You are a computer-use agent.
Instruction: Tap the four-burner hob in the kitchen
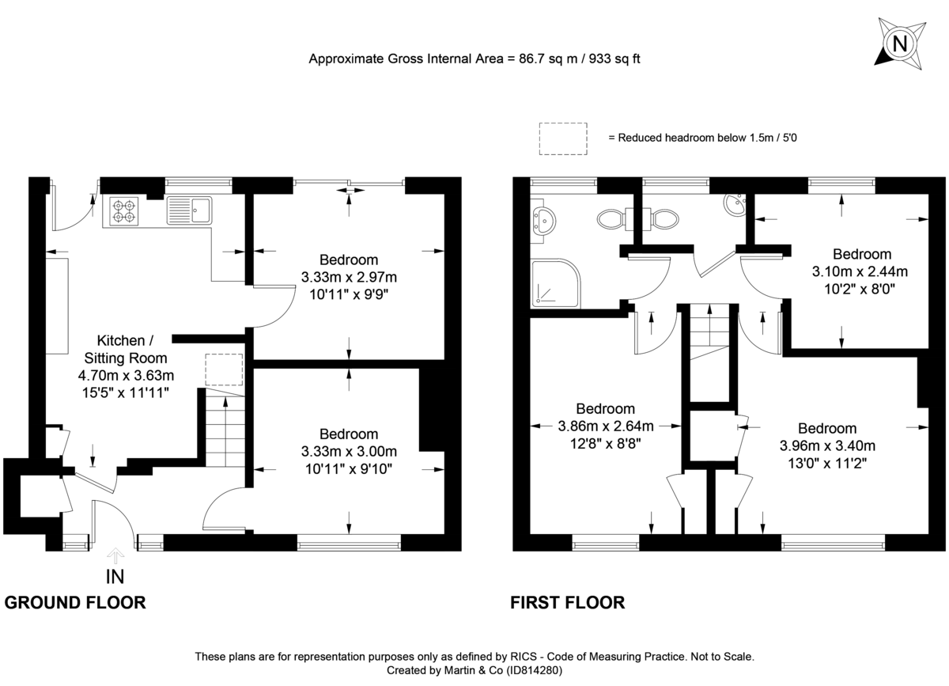[x=124, y=210]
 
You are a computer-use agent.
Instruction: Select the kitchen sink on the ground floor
[x=188, y=210]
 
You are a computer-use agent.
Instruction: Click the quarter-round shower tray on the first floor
[x=554, y=283]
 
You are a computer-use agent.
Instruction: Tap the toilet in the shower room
[x=611, y=218]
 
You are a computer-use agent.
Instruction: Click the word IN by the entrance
[x=115, y=577]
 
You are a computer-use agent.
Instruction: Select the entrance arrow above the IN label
[x=115, y=555]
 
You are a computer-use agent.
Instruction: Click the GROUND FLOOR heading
[x=75, y=603]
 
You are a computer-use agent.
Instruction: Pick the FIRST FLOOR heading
[x=567, y=603]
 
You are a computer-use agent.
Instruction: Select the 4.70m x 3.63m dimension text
[x=125, y=375]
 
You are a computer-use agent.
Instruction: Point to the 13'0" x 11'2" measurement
[x=826, y=462]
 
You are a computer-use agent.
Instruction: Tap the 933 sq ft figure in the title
[x=611, y=59]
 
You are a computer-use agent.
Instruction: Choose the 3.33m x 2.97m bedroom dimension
[x=349, y=277]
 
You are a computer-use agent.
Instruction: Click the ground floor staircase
[x=225, y=431]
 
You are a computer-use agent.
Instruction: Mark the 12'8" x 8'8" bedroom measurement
[x=605, y=443]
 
